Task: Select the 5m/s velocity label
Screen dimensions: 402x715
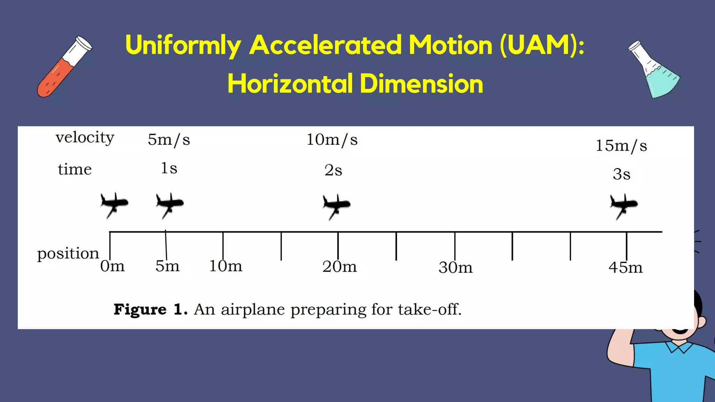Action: pos(169,140)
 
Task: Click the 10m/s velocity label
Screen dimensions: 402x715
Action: pos(332,140)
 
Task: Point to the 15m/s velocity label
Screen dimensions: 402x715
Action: pos(621,146)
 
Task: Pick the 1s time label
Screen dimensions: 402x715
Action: pos(169,168)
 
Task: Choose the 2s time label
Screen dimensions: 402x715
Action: pos(333,170)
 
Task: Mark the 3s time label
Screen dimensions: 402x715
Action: pos(621,174)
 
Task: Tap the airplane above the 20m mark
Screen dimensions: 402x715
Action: pos(336,206)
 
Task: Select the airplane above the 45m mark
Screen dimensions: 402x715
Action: pos(624,206)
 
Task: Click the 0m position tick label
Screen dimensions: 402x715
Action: pos(112,266)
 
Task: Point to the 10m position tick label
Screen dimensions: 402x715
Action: pos(226,266)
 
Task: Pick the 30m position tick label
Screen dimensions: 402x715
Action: pos(456,268)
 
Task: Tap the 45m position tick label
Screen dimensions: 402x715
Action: pos(626,268)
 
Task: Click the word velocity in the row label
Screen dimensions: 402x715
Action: pos(85,138)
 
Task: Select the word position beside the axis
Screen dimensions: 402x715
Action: pos(68,254)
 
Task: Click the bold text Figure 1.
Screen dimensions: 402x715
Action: pos(150,310)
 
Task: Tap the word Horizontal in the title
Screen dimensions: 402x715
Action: pos(290,84)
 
